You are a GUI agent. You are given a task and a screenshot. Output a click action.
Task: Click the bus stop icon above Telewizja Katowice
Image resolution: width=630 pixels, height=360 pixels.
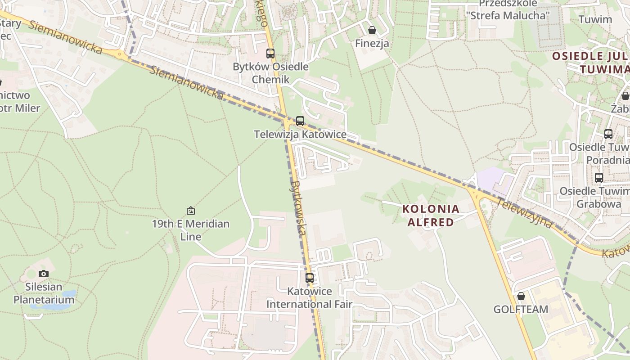(300, 121)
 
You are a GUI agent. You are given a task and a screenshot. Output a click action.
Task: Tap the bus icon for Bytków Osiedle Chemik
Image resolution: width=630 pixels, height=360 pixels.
(270, 54)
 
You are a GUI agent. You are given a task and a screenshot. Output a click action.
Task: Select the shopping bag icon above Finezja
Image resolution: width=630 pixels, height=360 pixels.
(372, 30)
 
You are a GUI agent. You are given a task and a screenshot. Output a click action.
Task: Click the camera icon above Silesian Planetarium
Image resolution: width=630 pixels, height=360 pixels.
(44, 273)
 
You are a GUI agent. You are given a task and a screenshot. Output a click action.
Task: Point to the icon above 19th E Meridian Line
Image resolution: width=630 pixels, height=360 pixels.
(191, 210)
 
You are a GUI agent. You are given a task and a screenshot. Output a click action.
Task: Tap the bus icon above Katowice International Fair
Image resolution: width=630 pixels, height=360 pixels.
(309, 278)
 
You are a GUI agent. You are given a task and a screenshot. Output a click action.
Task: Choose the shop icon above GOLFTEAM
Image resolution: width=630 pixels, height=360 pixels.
(521, 296)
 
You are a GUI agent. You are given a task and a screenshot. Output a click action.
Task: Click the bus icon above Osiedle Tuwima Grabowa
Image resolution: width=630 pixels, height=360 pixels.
(598, 177)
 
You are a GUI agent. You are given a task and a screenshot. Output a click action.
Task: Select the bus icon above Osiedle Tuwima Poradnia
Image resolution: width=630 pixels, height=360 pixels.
(608, 134)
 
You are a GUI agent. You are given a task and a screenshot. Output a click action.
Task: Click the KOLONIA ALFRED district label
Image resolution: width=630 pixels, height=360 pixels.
(431, 215)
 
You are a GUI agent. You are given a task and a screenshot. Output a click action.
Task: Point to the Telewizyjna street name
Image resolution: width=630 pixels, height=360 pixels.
(524, 212)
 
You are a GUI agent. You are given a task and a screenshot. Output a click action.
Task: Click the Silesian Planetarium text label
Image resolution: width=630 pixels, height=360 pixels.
(44, 293)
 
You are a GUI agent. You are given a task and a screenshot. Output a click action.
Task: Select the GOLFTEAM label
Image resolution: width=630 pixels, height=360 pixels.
(521, 309)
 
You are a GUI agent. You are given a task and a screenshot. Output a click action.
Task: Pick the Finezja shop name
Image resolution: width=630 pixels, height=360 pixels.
(372, 44)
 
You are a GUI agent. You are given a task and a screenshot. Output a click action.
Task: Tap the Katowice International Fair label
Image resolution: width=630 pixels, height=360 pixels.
(309, 297)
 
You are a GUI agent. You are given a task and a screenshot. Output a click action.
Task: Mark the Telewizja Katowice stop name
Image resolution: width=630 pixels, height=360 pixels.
(300, 134)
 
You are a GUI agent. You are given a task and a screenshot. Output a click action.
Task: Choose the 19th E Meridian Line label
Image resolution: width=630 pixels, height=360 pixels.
(191, 229)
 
